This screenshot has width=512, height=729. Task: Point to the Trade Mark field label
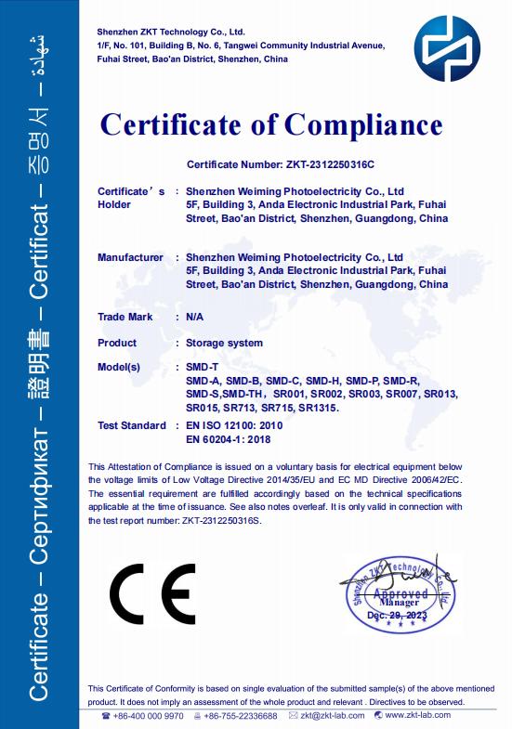(125, 317)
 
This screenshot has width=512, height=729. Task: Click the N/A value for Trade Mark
(195, 317)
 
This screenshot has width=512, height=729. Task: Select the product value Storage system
(224, 343)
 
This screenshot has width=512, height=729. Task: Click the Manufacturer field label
(130, 256)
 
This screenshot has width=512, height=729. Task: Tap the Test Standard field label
(131, 425)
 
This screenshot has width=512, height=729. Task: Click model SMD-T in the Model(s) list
(203, 368)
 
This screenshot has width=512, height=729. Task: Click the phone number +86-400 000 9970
(147, 715)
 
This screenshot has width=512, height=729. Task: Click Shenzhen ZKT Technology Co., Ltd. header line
(170, 32)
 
